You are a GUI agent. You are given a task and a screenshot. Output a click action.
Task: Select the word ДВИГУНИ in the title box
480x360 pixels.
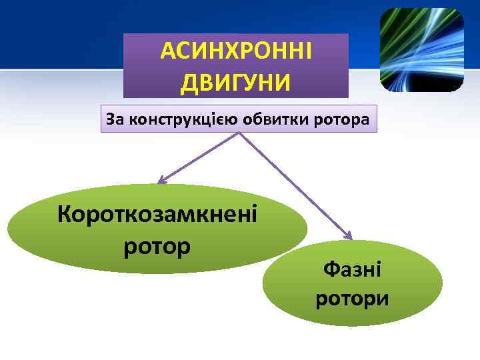(x=236, y=83)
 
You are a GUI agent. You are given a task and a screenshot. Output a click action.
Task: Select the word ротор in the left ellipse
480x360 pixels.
(x=158, y=245)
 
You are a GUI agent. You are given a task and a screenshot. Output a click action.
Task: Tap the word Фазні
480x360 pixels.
(x=352, y=271)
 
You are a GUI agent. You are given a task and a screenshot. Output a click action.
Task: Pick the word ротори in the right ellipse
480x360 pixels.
(x=352, y=298)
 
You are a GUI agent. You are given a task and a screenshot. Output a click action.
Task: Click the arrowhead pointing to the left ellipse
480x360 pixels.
(x=161, y=180)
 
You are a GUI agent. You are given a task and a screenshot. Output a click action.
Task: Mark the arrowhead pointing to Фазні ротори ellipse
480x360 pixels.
(x=347, y=235)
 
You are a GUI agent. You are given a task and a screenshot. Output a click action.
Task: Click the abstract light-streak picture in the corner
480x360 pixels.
(x=421, y=50)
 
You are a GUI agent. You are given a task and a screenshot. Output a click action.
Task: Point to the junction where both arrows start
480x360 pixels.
(x=238, y=134)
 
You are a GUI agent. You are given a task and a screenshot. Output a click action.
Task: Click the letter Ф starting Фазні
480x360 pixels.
(x=329, y=271)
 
